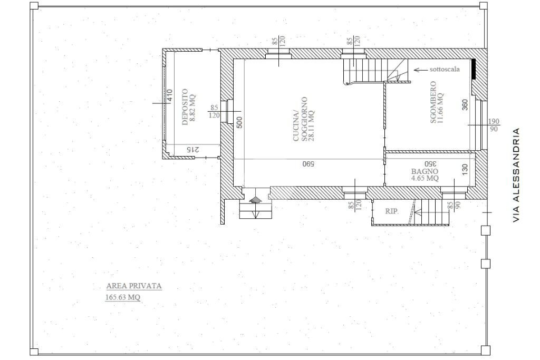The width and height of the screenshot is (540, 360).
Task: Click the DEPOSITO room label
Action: click(185, 106)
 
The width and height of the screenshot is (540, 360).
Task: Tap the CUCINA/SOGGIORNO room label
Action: click(303, 119)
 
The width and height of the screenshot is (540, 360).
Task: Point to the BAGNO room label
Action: click(425, 171)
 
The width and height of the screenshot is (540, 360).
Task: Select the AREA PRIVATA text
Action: click(134, 286)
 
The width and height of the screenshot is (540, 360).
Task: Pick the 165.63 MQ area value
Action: click(123, 298)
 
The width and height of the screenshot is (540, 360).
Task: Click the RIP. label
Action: click(392, 211)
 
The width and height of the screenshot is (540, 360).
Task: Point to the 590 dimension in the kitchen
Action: click(308, 164)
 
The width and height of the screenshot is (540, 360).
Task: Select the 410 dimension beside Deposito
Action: click(169, 95)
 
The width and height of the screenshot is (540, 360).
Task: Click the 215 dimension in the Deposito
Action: click(194, 150)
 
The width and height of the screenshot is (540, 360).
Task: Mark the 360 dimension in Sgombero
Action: click(465, 105)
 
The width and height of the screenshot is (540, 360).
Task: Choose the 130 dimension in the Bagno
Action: click(465, 170)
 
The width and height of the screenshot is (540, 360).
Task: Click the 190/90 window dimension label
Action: click(493, 125)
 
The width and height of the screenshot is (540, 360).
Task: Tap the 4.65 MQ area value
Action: click(425, 179)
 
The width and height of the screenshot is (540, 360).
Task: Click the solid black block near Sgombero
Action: click(474, 69)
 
